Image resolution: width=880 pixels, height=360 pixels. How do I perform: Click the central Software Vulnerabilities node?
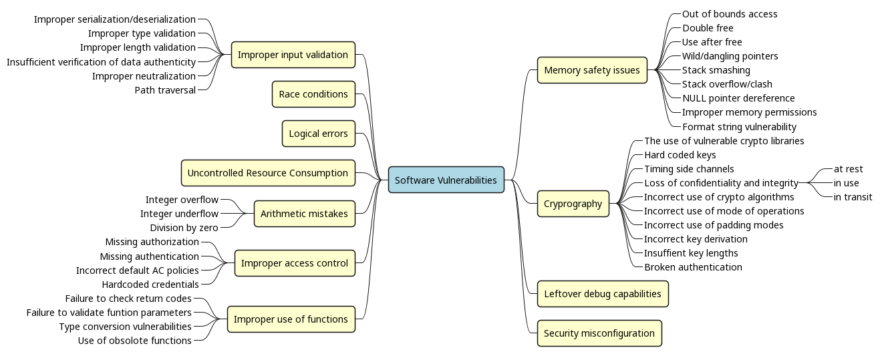coord(446,180)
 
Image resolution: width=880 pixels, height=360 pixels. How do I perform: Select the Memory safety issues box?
coord(592,70)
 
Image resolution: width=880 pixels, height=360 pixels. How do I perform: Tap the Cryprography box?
coord(573,204)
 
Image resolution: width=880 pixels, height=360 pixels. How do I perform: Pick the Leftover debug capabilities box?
coord(602,294)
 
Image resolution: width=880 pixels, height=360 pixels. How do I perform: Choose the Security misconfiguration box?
coord(599,333)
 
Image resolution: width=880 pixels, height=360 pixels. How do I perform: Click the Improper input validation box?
coord(293,55)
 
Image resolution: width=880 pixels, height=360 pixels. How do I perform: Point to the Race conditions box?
coord(313,94)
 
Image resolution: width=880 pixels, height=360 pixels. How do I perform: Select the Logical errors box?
coord(318,134)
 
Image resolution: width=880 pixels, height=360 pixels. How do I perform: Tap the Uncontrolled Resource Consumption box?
coord(267,173)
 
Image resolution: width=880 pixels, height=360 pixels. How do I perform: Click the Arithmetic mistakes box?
coord(304,214)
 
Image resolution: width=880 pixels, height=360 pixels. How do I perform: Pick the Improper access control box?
coord(294,263)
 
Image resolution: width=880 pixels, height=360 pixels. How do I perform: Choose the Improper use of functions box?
coord(291,319)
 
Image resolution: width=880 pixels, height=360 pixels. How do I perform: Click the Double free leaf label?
coord(708,28)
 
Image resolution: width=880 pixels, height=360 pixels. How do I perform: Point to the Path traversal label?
coord(165,90)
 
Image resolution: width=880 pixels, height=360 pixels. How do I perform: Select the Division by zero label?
coord(184,228)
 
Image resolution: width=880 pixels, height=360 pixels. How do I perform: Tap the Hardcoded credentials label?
coord(150,285)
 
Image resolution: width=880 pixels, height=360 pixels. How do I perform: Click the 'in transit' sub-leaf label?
coord(853,197)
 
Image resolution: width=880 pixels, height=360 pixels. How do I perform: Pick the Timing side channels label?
coord(689,169)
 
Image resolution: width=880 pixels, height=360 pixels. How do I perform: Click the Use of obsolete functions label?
coord(135,341)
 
